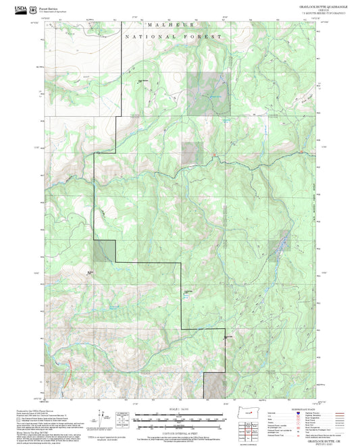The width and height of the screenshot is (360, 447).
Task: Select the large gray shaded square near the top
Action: click(x=208, y=92)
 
